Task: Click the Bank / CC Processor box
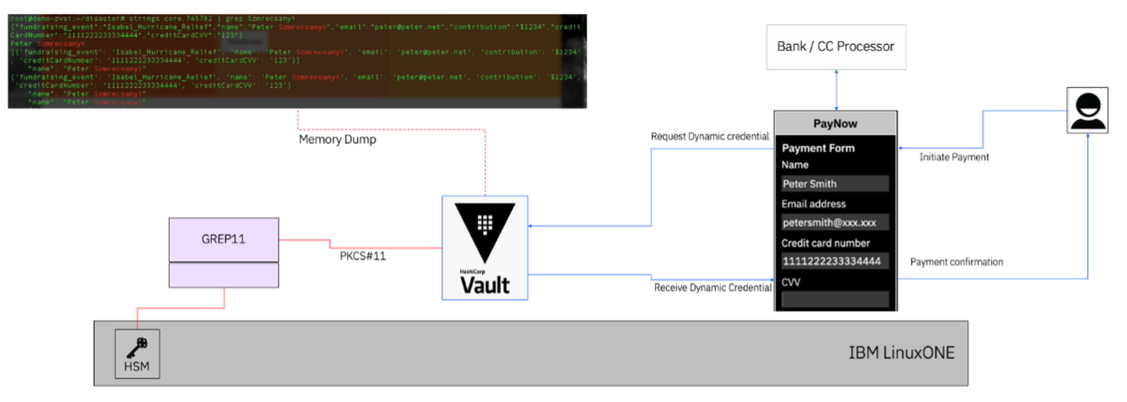pos(836,46)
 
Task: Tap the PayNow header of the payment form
pos(835,123)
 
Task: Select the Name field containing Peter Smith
pos(835,183)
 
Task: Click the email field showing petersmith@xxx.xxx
pos(835,223)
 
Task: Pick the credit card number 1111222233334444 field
pos(835,262)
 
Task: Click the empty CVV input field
pos(835,299)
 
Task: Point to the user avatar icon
pos(1087,111)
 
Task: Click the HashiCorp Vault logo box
pos(485,247)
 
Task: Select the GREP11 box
pos(224,240)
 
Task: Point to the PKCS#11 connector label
pos(357,255)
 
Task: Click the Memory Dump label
pos(338,139)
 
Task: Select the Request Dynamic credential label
pos(710,137)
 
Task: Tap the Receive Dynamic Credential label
pos(713,288)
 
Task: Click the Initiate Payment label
pos(954,157)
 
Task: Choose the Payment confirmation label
pos(956,262)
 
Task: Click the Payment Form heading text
pos(818,148)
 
